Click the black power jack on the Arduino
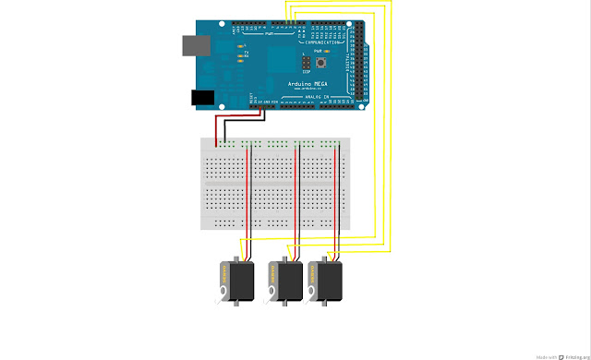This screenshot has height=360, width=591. tap(202, 97)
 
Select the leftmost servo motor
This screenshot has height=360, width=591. tap(235, 282)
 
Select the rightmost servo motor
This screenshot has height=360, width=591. tap(327, 282)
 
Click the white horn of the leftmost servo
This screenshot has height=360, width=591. tap(222, 295)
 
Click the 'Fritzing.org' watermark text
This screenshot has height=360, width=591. tap(566, 354)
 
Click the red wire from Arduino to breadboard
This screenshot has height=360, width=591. tap(218, 129)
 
